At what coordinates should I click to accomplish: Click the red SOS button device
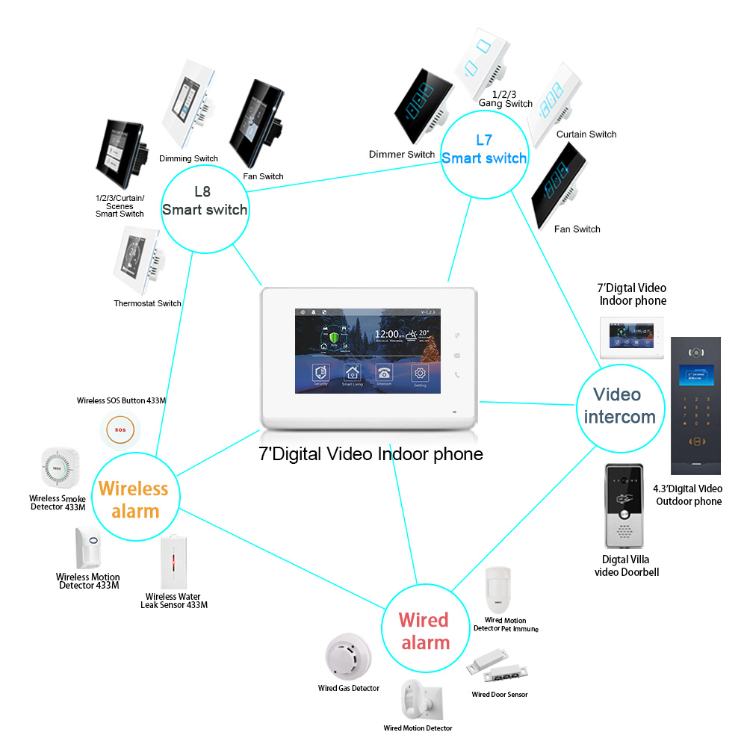(x=119, y=431)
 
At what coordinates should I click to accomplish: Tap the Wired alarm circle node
(x=424, y=630)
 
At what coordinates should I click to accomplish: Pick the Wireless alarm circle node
(x=134, y=499)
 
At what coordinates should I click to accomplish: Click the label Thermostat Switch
(x=147, y=303)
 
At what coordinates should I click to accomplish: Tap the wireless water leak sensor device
(x=173, y=562)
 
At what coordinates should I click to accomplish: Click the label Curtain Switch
(x=586, y=134)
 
